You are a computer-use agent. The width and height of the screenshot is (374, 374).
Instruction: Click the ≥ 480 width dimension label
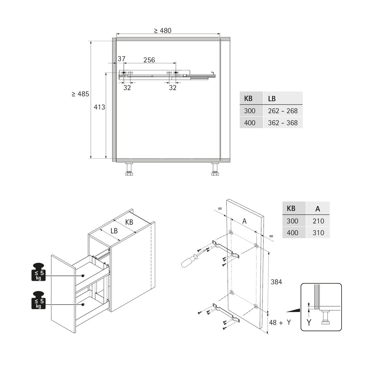point(162,31)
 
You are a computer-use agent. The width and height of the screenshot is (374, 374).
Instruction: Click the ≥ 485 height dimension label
point(80,94)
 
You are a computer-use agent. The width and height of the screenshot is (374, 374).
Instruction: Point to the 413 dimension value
point(99,107)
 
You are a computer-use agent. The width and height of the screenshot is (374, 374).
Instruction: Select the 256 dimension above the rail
point(149,60)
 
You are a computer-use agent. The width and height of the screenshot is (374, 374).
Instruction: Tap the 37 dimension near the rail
point(121,59)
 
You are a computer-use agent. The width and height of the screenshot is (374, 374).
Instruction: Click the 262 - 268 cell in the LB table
point(283,111)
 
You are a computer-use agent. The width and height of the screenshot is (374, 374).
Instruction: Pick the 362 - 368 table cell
point(283,123)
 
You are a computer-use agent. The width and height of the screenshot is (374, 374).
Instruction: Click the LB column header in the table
point(272,98)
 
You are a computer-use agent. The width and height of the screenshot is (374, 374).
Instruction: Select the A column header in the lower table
point(318,209)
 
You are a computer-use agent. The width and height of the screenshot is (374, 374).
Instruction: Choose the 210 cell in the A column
point(318,221)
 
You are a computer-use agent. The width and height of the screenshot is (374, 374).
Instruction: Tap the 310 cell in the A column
point(318,233)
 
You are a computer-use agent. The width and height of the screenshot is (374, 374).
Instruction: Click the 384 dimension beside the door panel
point(276,282)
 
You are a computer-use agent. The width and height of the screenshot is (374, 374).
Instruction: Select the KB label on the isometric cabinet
point(129,222)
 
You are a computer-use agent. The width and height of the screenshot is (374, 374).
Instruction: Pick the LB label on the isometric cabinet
point(114,231)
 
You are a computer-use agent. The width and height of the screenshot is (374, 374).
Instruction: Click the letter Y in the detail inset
point(309,323)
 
